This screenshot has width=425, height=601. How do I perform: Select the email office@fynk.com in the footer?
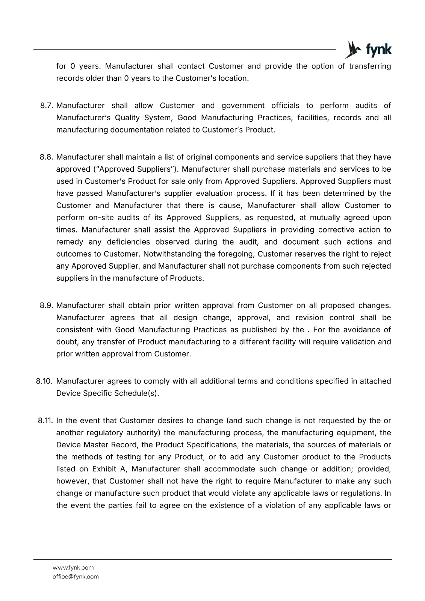[76, 577]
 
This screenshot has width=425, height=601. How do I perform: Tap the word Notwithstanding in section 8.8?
[172, 254]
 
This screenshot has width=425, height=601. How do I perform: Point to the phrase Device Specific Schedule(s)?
[107, 393]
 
